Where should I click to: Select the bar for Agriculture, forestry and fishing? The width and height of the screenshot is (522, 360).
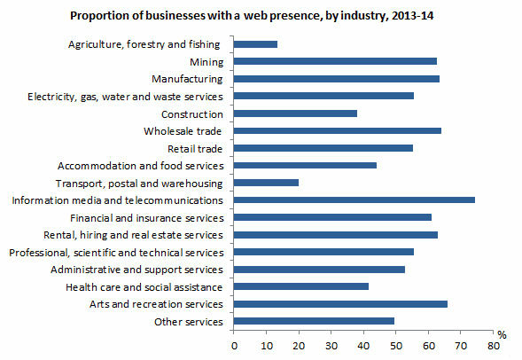255,43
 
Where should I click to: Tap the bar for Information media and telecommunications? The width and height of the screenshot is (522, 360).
354,200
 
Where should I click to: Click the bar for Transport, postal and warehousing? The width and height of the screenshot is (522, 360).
266,183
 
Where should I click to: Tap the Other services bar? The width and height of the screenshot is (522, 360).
314,321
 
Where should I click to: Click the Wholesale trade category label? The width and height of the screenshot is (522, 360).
183,131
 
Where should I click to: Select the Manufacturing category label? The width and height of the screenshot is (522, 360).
187,79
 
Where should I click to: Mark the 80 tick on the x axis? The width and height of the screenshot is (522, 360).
493,346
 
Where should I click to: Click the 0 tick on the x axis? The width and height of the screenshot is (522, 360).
234,346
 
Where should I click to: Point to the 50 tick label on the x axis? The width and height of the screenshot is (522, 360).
396,346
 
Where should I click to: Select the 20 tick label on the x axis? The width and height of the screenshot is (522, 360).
299,346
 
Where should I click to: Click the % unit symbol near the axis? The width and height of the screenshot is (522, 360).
502,335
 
